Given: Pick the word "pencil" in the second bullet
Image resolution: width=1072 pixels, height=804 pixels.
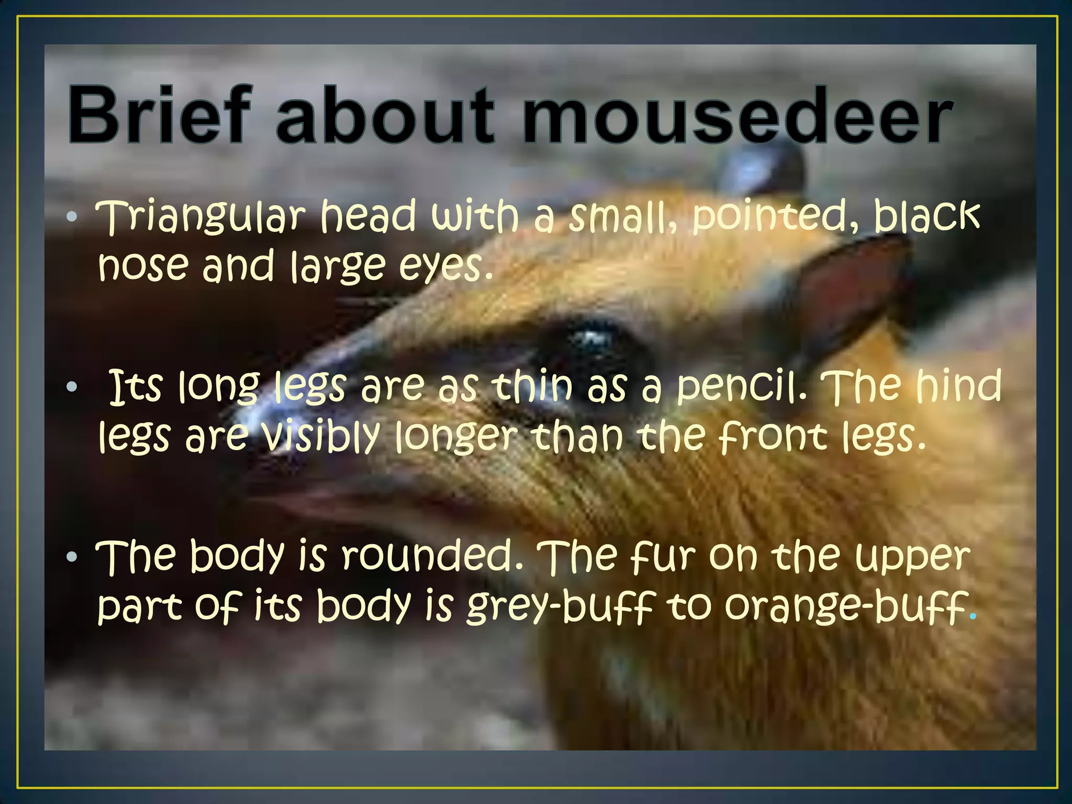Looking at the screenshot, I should click(x=739, y=387).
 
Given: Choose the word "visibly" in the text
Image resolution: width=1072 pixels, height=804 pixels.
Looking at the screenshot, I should click(x=319, y=437).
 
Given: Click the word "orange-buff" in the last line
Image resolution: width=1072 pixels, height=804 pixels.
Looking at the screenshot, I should click(x=845, y=607).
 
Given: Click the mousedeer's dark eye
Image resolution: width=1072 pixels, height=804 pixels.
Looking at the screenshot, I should click(x=591, y=343).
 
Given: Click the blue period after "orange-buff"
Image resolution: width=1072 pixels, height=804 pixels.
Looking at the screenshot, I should click(x=973, y=617).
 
